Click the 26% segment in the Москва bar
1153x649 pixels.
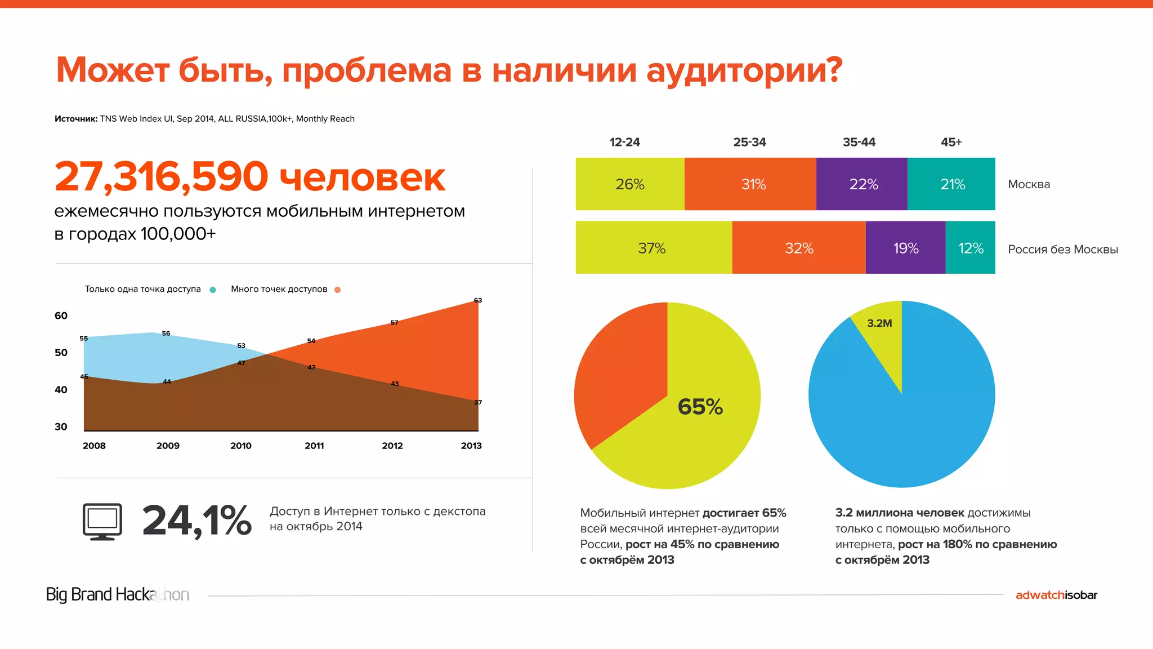click(x=629, y=184)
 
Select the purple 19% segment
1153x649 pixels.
click(x=905, y=248)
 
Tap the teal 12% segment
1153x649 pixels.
click(x=971, y=248)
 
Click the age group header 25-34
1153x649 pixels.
click(x=749, y=142)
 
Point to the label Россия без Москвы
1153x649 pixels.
click(x=1062, y=250)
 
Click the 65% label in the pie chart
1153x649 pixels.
click(x=700, y=407)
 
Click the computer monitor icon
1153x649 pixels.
click(x=102, y=522)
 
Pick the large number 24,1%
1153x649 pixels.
click(x=196, y=521)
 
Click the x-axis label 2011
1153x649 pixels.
click(x=314, y=446)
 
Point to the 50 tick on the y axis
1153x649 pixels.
click(x=61, y=353)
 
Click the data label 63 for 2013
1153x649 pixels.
click(x=477, y=300)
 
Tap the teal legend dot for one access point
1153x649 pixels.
click(x=213, y=290)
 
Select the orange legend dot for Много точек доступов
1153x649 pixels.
click(x=337, y=290)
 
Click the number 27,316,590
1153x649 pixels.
click(x=162, y=177)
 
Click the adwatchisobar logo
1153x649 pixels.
click(x=1056, y=595)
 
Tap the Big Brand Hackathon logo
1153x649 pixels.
click(x=117, y=594)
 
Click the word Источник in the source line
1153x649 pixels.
click(x=75, y=119)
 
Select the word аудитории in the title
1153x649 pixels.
click(x=744, y=71)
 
